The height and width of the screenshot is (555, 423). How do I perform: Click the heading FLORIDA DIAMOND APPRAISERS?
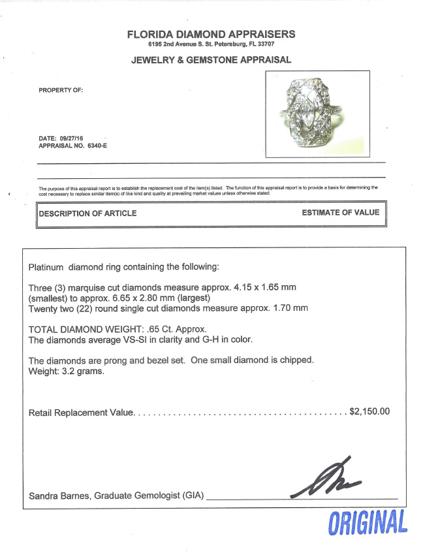[211, 34]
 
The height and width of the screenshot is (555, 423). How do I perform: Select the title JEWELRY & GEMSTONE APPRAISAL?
[211, 60]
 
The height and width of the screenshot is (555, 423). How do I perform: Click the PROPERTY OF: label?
[61, 90]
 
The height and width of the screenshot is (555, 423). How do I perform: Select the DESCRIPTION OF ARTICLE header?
[88, 213]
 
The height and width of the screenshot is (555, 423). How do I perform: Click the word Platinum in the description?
[46, 268]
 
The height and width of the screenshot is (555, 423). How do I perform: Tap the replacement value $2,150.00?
[369, 412]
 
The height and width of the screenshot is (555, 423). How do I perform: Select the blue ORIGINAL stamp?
[368, 522]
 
